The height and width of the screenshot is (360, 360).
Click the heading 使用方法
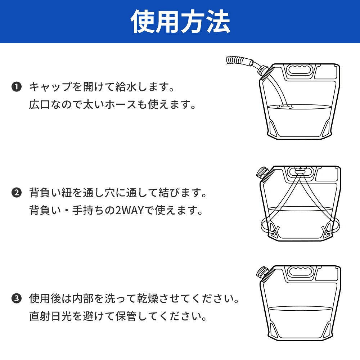(180, 21)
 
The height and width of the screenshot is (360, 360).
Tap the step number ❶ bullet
(17, 87)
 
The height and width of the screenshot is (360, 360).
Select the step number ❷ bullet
(17, 192)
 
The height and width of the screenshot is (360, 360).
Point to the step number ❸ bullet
(17, 298)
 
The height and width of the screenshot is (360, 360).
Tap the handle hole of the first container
(299, 69)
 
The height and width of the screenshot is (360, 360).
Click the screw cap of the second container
(262, 172)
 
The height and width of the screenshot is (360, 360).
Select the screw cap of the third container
(262, 273)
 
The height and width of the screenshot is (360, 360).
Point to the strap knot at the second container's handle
(299, 171)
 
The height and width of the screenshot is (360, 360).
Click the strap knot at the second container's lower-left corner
(274, 231)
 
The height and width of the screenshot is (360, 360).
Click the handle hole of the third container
(300, 271)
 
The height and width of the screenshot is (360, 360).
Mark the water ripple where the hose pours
(284, 107)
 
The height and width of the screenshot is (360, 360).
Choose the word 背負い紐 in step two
(50, 192)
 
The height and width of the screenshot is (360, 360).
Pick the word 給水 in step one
(126, 87)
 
